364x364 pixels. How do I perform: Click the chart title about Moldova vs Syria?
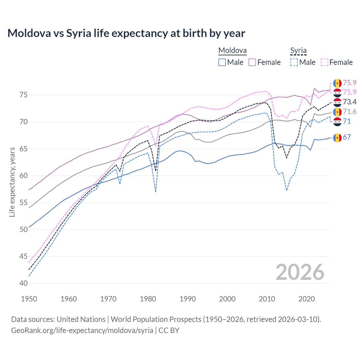tap(126, 33)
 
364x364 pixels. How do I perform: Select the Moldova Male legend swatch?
tap(222, 62)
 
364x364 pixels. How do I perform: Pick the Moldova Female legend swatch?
tap(252, 62)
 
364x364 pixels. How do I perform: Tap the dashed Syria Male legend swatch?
tap(294, 62)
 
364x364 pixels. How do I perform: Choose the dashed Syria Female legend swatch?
tap(324, 62)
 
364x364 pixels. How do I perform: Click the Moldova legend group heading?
tap(232, 51)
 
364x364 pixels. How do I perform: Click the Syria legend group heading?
tap(298, 51)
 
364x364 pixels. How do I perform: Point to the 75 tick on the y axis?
tap(24, 95)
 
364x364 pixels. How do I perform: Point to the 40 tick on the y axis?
tap(24, 283)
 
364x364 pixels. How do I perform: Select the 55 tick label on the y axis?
tap(24, 202)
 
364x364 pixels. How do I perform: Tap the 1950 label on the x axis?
tap(29, 299)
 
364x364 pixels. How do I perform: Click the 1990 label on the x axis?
tap(188, 299)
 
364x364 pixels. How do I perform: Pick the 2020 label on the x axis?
tap(307, 299)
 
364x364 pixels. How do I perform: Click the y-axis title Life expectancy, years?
tap(12, 182)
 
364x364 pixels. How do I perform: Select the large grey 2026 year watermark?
tap(300, 272)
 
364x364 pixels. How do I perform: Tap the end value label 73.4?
tap(349, 102)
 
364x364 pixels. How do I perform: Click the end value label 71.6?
tap(349, 111)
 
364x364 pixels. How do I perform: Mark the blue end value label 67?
tap(347, 137)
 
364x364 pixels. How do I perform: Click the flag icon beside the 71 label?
tap(337, 121)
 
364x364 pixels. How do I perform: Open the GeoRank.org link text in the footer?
tap(82, 330)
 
